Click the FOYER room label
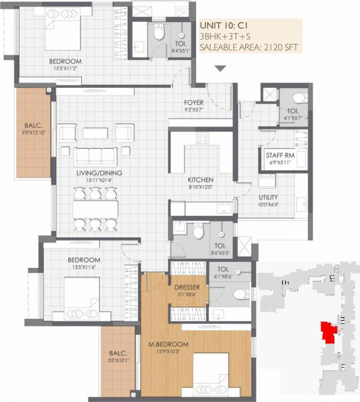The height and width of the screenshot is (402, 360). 194,103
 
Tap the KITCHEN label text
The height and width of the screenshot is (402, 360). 201,180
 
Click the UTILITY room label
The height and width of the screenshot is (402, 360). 268,197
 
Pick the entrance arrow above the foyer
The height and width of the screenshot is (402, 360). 220,68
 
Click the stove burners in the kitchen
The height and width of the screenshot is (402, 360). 202,138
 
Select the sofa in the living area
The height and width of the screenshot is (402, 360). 95,155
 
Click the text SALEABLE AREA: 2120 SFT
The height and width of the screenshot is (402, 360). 249,47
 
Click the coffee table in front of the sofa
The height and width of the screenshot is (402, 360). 95,133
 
